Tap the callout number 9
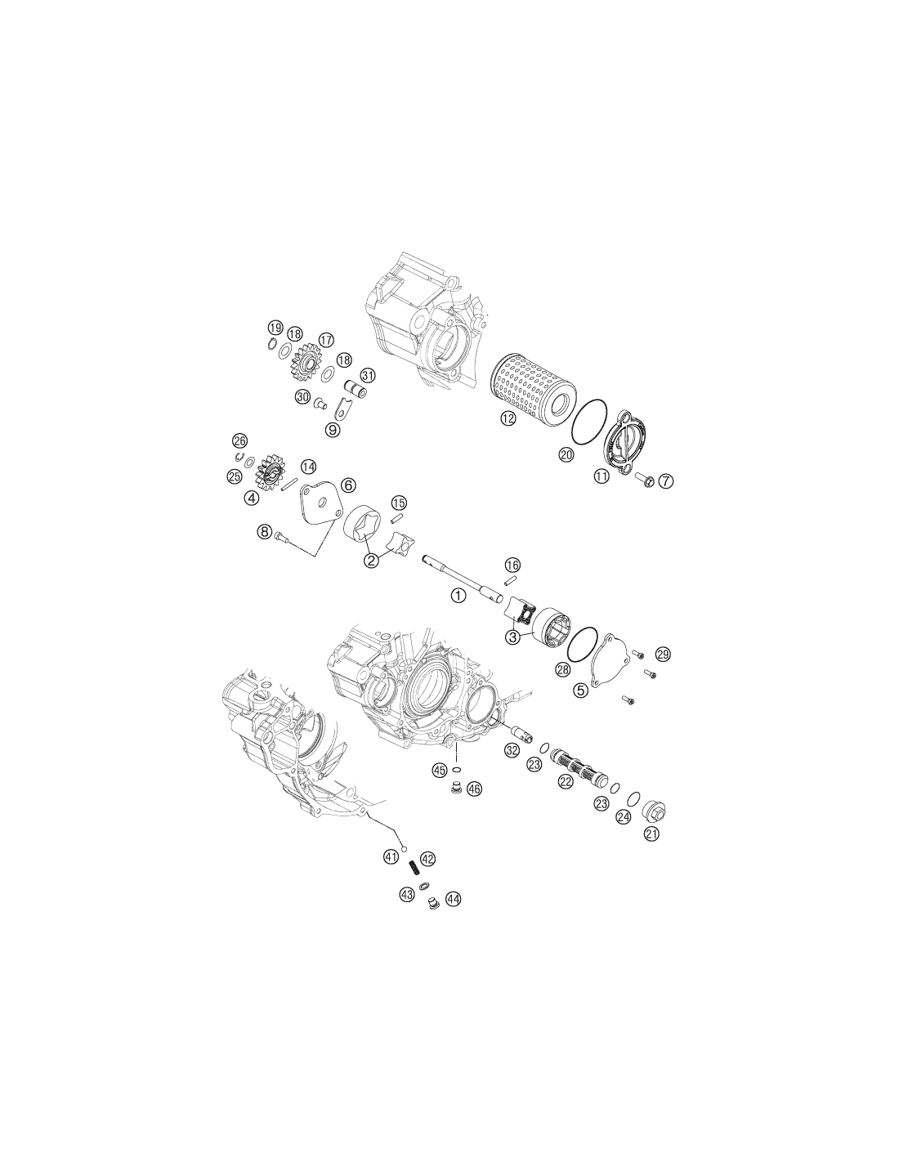pos(333,429)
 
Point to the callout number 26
pos(239,440)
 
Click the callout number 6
pos(347,485)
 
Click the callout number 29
pos(663,654)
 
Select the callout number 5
pos(580,690)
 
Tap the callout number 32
pos(512,750)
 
